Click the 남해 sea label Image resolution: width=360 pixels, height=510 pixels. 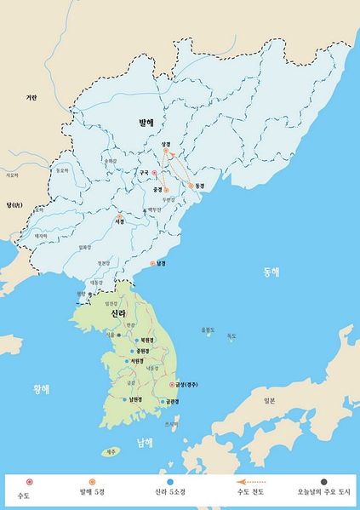[x=146, y=442]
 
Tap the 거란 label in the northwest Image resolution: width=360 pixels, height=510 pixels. [x=31, y=98]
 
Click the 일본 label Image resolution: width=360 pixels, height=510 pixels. [x=270, y=399]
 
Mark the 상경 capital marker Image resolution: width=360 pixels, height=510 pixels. [x=166, y=152]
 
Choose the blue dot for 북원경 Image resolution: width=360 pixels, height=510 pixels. [x=135, y=338]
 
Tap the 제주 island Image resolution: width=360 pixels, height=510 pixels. [x=110, y=451]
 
